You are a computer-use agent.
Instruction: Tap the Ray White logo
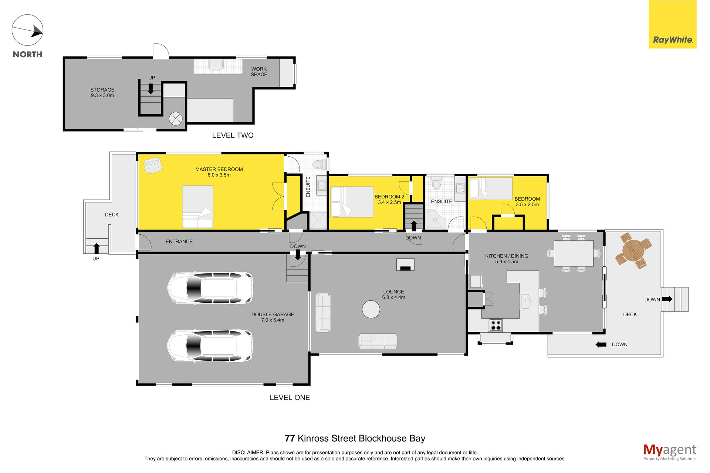click(x=672, y=24)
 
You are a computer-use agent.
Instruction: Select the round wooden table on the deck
click(x=633, y=251)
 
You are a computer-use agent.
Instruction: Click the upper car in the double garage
click(x=210, y=288)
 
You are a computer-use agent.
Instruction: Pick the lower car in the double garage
click(x=210, y=346)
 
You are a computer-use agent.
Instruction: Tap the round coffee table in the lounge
click(x=371, y=309)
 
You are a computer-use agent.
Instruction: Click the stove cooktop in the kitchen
click(x=496, y=325)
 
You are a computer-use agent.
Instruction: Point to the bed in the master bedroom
click(x=197, y=207)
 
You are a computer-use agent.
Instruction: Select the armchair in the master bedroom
click(x=153, y=165)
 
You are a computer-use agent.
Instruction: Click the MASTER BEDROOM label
click(x=219, y=169)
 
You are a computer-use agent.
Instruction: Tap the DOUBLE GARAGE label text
click(x=273, y=314)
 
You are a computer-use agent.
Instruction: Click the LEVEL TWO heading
click(x=233, y=135)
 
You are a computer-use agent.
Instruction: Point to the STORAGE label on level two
click(x=102, y=90)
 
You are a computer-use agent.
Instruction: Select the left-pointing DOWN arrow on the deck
click(x=601, y=344)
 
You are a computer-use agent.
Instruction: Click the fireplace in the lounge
click(x=405, y=265)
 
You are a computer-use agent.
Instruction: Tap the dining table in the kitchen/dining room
click(x=574, y=253)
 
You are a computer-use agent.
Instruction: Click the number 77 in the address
click(x=290, y=438)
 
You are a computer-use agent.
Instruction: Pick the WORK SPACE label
click(x=259, y=72)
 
